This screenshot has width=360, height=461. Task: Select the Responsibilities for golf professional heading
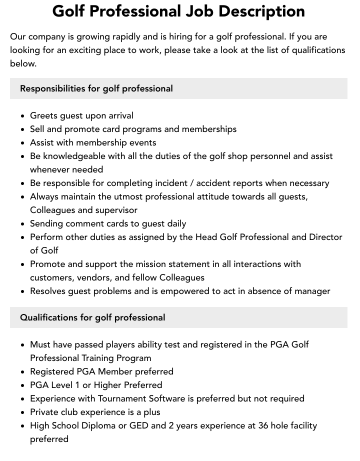point(96,88)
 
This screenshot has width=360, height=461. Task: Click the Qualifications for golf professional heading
point(92,317)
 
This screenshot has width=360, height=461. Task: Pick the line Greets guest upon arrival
point(81,115)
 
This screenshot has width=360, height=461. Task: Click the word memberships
point(209,129)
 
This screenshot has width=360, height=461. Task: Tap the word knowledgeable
point(76,156)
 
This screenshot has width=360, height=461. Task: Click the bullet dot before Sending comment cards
point(23,224)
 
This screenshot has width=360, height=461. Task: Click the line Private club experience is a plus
point(95,412)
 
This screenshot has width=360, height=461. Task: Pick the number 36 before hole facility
point(263,425)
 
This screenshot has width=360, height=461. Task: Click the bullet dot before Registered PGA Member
point(23,372)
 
